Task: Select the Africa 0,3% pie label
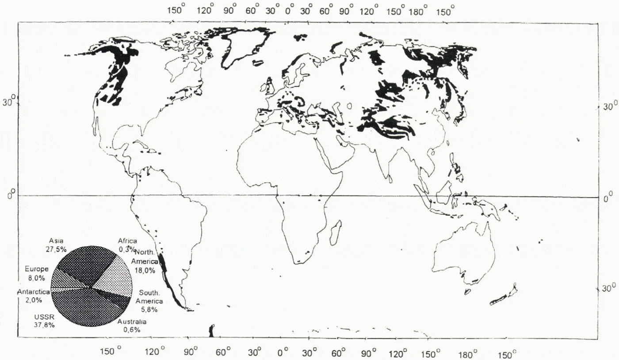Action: (127, 245)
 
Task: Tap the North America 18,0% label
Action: (145, 261)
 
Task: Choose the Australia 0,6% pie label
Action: (132, 325)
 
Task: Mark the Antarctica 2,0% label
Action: (33, 296)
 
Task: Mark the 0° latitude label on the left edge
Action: (13, 195)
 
